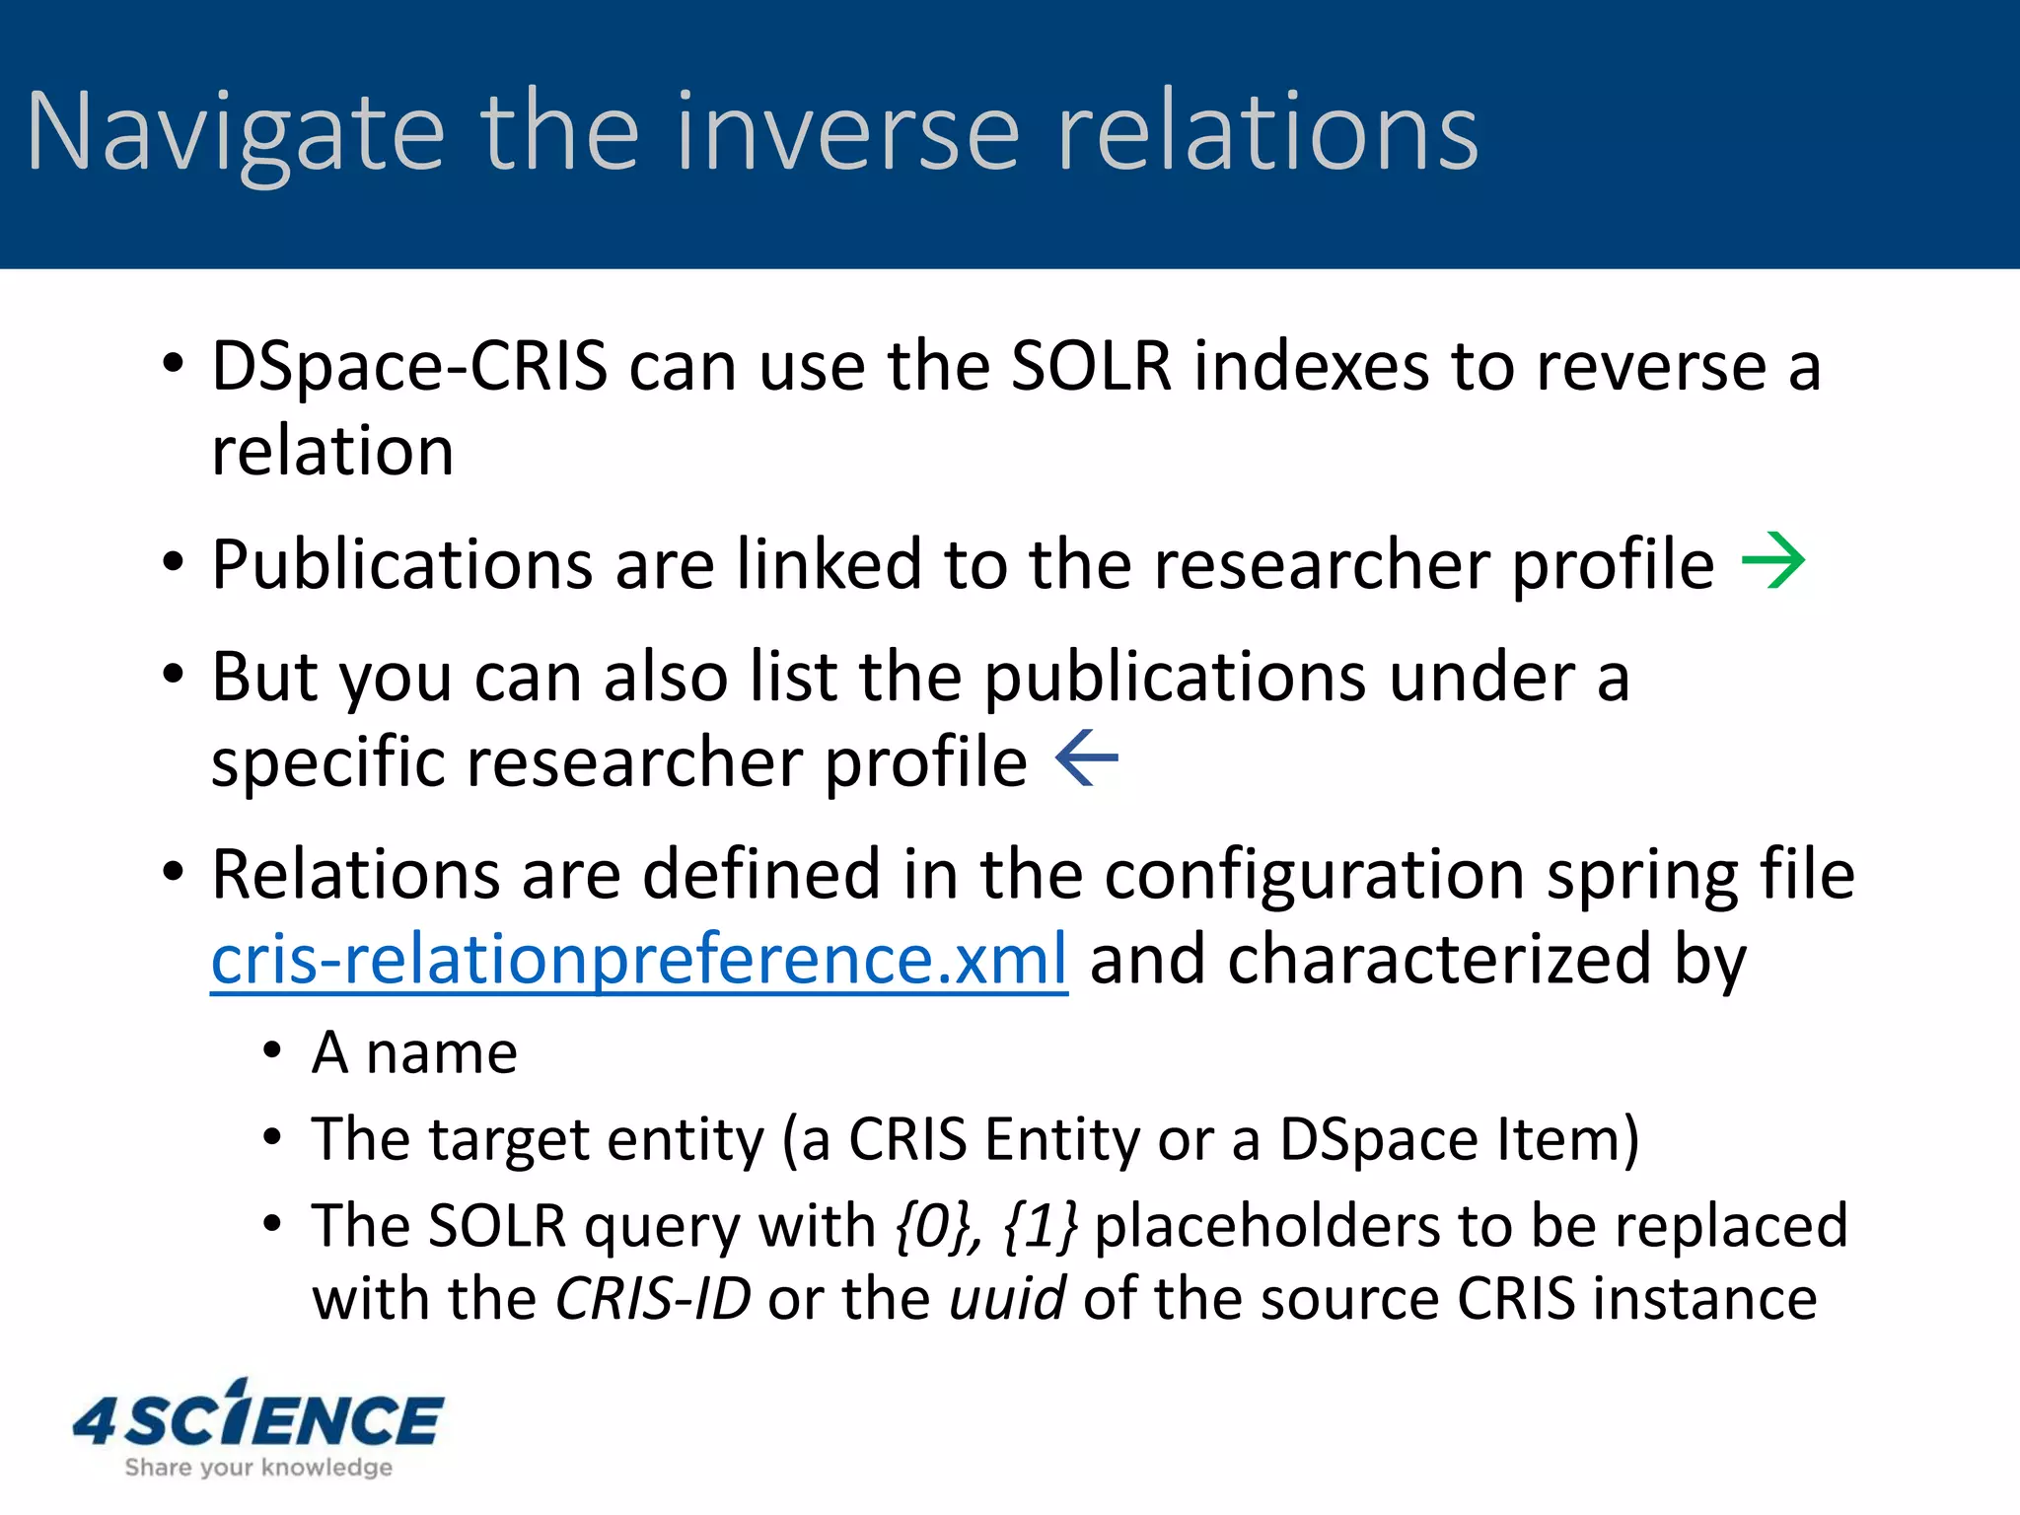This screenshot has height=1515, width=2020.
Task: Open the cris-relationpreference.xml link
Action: pos(639,960)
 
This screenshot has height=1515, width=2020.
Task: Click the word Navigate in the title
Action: pos(236,133)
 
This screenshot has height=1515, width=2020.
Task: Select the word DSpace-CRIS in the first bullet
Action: pos(409,366)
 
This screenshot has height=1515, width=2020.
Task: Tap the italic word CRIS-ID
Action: pos(653,1298)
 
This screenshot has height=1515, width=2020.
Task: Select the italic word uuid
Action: pos(1006,1298)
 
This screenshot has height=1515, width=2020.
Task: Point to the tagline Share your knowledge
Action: pos(258,1468)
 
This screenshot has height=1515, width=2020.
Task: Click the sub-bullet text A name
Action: pos(414,1052)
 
